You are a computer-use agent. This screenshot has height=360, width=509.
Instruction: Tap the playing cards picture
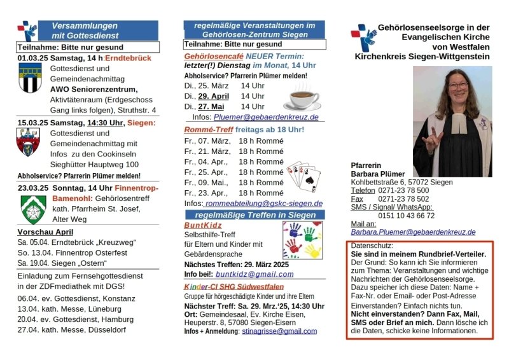coord(303,176)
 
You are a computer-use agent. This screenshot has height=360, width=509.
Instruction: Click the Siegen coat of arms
coord(29,142)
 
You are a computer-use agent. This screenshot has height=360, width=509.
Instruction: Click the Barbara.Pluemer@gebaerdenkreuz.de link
coord(414,232)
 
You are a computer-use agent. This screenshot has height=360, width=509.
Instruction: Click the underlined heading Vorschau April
coord(45,232)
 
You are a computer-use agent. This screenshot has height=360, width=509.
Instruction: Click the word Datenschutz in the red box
coord(372,246)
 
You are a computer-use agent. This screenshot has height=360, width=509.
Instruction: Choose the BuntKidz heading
coord(202,225)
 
